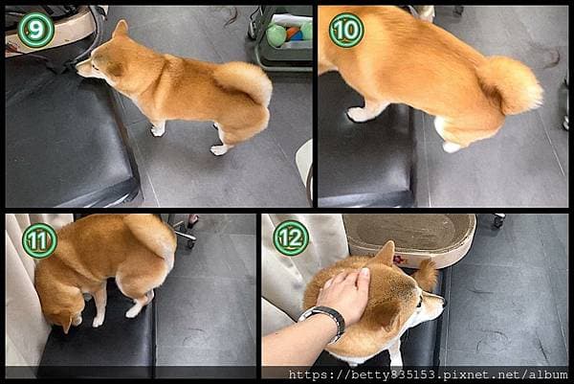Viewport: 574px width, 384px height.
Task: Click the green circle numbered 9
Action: (x=36, y=30)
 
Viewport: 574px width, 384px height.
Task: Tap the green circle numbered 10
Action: (x=346, y=31)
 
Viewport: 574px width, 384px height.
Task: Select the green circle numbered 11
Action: (x=39, y=240)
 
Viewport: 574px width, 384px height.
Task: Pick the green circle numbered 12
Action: (x=291, y=238)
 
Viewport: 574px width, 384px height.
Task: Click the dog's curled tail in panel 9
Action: (x=245, y=81)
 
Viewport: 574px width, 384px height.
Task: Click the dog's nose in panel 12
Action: (x=444, y=303)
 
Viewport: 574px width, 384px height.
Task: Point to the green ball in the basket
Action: (x=276, y=35)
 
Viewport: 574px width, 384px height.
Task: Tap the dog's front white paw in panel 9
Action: (x=157, y=130)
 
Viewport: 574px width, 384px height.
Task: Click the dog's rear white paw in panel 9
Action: (x=219, y=149)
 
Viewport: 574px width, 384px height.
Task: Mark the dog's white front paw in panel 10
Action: (x=358, y=114)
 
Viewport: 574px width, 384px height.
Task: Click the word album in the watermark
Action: (x=548, y=374)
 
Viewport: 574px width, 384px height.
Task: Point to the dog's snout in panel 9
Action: (x=84, y=68)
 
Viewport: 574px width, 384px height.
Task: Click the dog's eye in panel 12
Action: (x=420, y=302)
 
